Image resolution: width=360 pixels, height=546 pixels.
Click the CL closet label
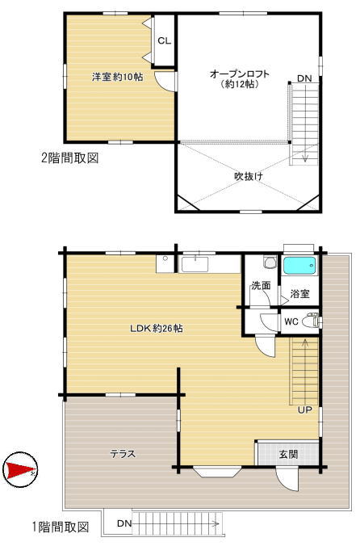(164, 40)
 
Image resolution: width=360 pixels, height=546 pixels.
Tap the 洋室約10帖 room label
(118, 77)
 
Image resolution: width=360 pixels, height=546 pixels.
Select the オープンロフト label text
(240, 73)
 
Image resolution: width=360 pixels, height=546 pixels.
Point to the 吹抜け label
(248, 177)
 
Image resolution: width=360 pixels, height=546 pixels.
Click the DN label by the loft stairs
(304, 78)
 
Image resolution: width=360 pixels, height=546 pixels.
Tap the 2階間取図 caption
(70, 158)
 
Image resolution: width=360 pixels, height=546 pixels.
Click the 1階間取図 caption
(61, 527)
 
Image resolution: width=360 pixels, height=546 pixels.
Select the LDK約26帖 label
(156, 328)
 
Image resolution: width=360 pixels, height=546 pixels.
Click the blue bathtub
(299, 266)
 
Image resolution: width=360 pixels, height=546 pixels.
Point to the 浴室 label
(299, 293)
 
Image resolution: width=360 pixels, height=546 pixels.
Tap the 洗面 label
(261, 286)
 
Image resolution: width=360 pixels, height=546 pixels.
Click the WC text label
(291, 321)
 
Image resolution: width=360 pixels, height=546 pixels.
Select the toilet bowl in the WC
(310, 321)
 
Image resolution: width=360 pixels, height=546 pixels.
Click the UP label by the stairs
(304, 410)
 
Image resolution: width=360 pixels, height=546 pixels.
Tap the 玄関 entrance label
(288, 454)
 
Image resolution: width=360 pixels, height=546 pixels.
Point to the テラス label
(123, 454)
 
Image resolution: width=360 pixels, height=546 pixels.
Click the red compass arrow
(19, 469)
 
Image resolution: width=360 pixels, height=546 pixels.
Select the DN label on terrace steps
(123, 523)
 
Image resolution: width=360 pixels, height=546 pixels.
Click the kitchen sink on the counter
(195, 264)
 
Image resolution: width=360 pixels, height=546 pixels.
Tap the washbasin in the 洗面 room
(270, 262)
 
